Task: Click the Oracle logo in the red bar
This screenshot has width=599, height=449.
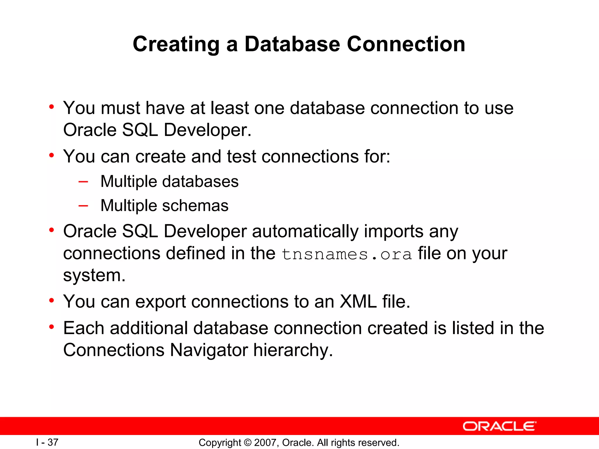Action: (499, 426)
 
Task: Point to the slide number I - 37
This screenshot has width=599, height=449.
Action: (47, 442)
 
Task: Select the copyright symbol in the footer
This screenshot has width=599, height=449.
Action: (247, 443)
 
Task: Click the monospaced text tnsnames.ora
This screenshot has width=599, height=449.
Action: (347, 254)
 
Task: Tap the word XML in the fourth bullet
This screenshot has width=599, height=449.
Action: (358, 301)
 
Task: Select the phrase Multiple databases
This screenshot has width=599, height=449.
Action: (169, 182)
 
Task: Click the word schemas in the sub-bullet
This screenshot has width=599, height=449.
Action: (195, 205)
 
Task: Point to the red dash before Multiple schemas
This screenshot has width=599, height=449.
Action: (83, 205)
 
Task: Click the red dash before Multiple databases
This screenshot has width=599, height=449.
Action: (83, 182)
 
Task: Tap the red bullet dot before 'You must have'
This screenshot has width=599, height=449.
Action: (52, 107)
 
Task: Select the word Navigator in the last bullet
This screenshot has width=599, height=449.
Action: (209, 350)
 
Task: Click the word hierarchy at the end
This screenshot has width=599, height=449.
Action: (293, 350)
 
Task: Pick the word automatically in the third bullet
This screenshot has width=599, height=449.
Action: (305, 232)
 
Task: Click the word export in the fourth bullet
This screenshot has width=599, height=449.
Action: (161, 301)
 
